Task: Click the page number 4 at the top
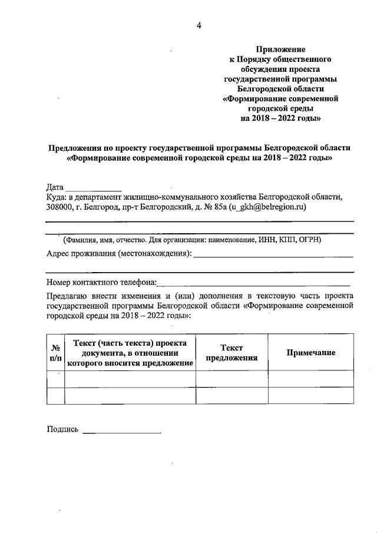(199, 25)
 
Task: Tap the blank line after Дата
(94, 188)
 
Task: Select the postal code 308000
(59, 207)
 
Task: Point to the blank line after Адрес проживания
(273, 254)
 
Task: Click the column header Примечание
(310, 352)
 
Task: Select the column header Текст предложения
(232, 353)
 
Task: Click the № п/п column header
(55, 353)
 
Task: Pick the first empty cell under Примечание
(310, 378)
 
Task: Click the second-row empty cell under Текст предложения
(232, 395)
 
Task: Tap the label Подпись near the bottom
(62, 430)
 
